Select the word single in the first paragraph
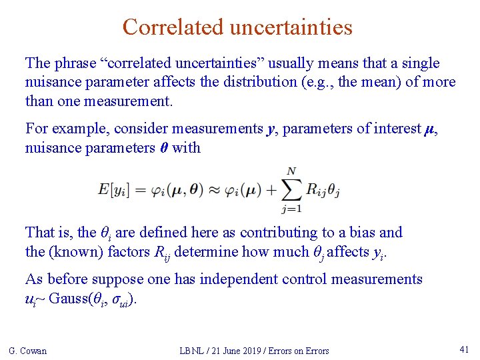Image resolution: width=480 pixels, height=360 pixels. pyautogui.click(x=419, y=63)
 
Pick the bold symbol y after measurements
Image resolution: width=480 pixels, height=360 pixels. pyautogui.click(x=271, y=129)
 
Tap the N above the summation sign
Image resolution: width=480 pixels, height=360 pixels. pyautogui.click(x=291, y=171)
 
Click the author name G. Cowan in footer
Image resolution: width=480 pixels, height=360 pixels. pyautogui.click(x=28, y=351)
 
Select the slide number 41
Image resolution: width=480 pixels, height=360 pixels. pyautogui.click(x=465, y=349)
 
